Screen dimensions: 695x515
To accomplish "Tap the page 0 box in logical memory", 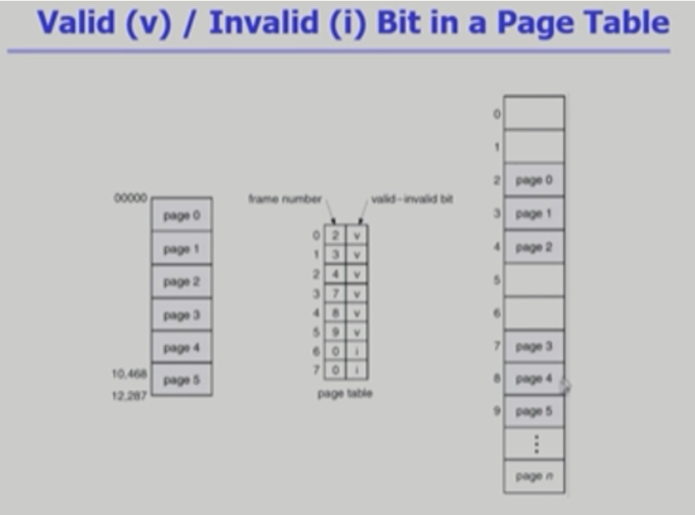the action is coord(181,215).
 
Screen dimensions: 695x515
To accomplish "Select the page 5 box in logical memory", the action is coord(181,380).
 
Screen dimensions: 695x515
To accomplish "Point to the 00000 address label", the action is coord(130,199).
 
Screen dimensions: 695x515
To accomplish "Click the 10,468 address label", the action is coord(128,372).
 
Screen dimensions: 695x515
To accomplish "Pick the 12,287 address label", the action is coord(128,394).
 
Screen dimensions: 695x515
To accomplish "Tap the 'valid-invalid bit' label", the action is coord(412,200).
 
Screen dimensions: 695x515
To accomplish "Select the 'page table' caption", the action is coord(345,393).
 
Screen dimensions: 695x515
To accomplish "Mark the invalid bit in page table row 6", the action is coord(356,351).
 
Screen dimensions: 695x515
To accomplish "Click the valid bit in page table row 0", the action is coord(356,234).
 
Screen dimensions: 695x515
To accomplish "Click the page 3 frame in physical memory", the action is coord(533,345).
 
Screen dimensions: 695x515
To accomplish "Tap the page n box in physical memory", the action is coord(533,476).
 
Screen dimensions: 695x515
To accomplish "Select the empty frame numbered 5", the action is coord(534,280).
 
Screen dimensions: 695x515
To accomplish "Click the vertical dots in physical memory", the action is coord(534,444).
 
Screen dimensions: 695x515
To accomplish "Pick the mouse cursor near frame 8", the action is coord(564,386).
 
